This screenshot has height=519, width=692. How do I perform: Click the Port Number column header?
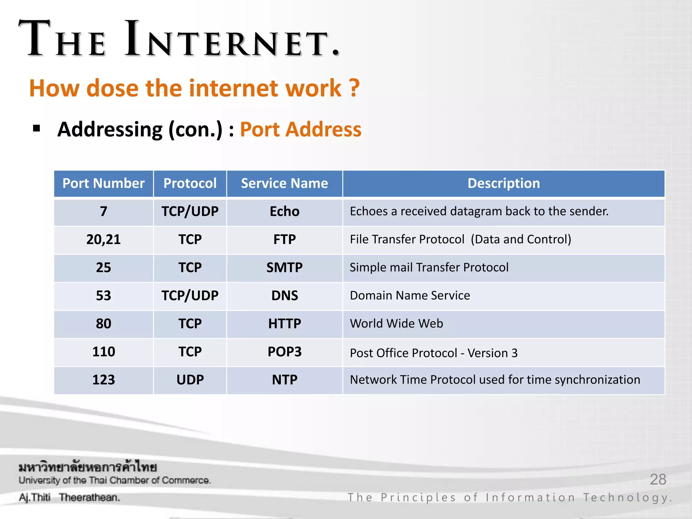103,183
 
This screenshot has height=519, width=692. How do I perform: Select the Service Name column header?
284,183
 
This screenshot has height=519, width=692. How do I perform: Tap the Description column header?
503,183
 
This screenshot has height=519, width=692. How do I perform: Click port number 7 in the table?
103,212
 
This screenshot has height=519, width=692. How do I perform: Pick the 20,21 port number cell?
103,240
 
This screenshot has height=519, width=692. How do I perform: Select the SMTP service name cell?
284,268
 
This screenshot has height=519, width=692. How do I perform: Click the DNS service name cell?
284,296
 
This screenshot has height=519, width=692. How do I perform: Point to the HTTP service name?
284,324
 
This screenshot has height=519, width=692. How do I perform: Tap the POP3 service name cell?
284,352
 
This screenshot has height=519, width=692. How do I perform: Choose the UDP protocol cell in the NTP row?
190,380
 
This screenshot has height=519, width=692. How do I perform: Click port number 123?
103,380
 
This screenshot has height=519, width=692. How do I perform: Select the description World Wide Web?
396,324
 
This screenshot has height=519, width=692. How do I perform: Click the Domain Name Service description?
410,296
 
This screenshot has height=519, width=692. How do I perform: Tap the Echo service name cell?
284,212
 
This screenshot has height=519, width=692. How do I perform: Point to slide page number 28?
658,479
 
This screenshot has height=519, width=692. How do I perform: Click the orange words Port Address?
300,129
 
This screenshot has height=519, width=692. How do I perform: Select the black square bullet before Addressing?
37,129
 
